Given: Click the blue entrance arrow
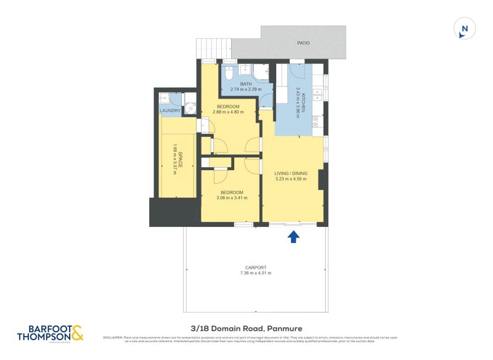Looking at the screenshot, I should (293, 236).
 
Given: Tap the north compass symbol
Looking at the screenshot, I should (465, 28).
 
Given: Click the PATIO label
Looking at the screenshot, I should (303, 43).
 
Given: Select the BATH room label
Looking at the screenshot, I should (246, 84).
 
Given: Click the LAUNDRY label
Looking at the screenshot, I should (170, 111).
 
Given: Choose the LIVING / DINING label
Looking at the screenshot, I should (291, 173).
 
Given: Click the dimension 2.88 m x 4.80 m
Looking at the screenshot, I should (228, 112).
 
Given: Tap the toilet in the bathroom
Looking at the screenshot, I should (227, 73).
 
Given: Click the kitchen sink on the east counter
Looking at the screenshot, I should (317, 94).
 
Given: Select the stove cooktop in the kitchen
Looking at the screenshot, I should (317, 122).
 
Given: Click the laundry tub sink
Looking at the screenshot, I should (165, 98).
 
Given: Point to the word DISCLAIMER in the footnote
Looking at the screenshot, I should (114, 338).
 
